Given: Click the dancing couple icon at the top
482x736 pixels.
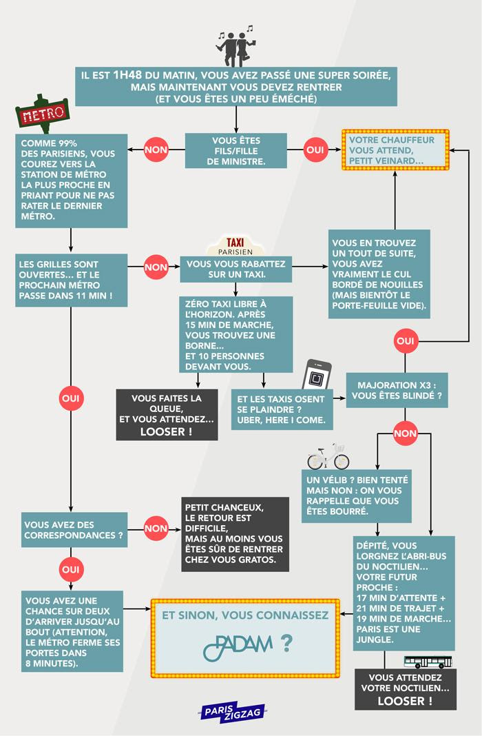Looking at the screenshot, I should click(235, 46).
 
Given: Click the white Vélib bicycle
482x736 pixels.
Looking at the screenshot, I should click(328, 456).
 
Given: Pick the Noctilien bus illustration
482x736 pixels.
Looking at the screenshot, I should click(428, 662).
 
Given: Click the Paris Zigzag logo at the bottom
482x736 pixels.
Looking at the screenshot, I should click(232, 713).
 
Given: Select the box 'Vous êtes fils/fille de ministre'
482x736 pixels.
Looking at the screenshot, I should click(235, 150).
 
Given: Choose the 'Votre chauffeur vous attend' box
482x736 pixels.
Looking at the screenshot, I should click(395, 150).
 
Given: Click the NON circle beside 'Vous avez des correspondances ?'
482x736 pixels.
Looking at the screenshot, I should click(156, 529).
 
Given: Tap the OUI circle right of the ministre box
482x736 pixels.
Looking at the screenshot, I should click(316, 150).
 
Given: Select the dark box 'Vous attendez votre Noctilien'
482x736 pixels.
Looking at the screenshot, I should click(406, 689).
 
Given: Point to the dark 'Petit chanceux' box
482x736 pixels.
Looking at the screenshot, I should click(235, 533).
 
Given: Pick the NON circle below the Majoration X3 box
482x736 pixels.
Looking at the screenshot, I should click(405, 433).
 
